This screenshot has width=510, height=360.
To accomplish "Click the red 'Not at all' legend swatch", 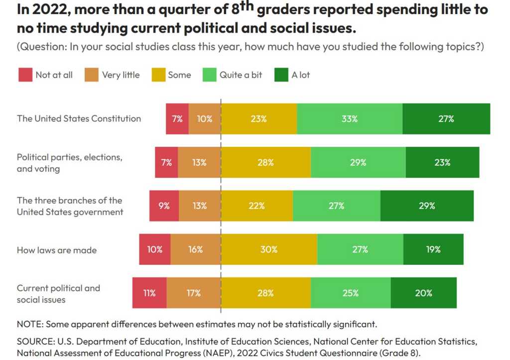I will point(25,75).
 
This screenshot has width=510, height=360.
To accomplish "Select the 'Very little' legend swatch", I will point(92,75).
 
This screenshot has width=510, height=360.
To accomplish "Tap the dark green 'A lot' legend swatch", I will point(281,75).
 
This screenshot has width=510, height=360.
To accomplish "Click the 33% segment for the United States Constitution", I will point(350,119).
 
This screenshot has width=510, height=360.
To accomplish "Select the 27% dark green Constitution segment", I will point(446,119).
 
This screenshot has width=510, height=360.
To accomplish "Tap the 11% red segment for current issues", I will point(149,293).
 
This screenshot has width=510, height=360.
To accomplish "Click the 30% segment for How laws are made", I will point(269,249).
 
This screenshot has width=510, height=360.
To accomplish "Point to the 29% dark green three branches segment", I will point(427,206).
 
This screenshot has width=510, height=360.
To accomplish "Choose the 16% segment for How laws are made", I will point(196,249).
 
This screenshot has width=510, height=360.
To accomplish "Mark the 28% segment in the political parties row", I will point(266,162).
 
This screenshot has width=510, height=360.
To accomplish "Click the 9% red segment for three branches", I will point(164,206).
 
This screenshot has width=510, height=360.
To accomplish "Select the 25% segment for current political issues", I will point(351,293).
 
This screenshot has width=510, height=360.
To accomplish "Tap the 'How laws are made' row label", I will point(57,250).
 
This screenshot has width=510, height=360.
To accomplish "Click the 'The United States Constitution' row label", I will point(79,119).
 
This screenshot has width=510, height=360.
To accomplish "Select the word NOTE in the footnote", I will point(29,324).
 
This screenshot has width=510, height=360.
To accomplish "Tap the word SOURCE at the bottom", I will point(34,342).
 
